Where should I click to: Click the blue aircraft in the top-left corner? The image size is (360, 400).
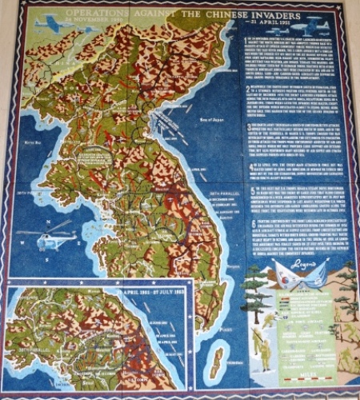[x=47, y=23]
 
